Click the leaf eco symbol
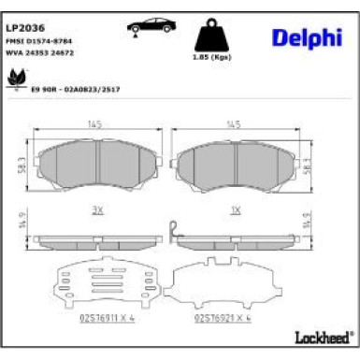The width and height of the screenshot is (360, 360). (x=16, y=79)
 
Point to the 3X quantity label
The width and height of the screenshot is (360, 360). (x=97, y=210)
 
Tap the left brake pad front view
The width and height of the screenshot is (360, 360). (x=96, y=165)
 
